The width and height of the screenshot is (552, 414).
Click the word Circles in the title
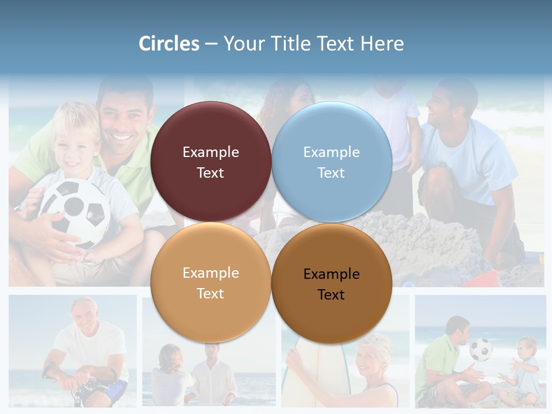point(168,44)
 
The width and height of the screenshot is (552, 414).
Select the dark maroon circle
point(210,162)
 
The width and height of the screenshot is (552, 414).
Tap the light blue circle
point(332,162)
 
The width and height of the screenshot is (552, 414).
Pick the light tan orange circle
point(210,282)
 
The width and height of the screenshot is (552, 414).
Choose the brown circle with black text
point(332,283)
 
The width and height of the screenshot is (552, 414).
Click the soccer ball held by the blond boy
point(75,210)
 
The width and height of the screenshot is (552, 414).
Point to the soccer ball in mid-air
point(481,349)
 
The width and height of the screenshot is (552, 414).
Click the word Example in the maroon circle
point(210,152)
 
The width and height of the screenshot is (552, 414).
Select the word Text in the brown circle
point(331,294)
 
